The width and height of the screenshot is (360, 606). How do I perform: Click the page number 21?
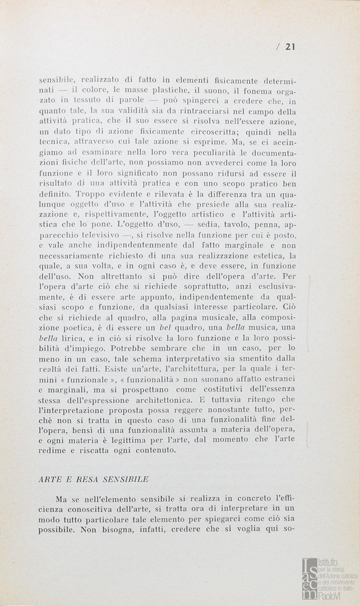(x=290, y=47)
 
